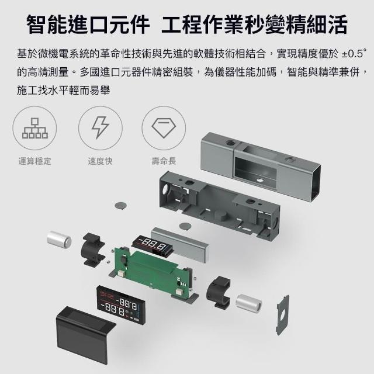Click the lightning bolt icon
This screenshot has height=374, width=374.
(x=101, y=127)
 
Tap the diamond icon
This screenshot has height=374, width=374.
(x=164, y=127)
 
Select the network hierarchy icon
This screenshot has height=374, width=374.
(x=35, y=128)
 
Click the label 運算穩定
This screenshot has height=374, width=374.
(x=35, y=161)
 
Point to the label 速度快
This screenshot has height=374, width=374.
(x=100, y=161)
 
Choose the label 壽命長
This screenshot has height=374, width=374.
(x=164, y=161)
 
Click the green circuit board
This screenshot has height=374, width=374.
(x=153, y=269)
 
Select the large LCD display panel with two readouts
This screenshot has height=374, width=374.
(x=121, y=306)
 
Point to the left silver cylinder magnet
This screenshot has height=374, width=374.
(x=59, y=239)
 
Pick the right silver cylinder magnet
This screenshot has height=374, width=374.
(x=249, y=303)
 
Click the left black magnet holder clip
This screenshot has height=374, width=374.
(x=93, y=250)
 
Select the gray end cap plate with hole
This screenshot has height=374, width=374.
(x=283, y=315)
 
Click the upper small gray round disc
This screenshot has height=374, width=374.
(x=121, y=205)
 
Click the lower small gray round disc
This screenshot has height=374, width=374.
(x=185, y=226)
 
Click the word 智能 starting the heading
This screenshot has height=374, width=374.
(x=47, y=25)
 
